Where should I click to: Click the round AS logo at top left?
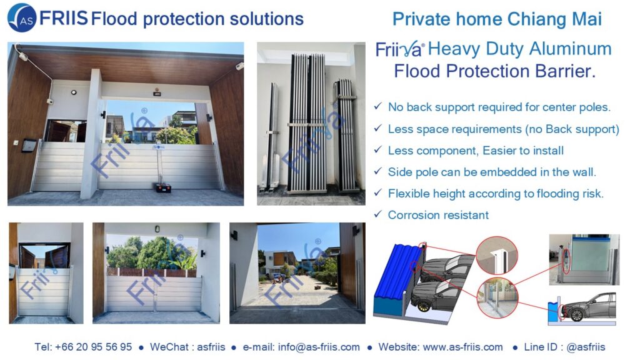pyautogui.click(x=22, y=18)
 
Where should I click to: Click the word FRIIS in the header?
pyautogui.click(x=63, y=18)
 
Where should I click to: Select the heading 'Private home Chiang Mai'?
pyautogui.click(x=497, y=19)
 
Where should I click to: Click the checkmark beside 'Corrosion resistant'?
pyautogui.click(x=378, y=214)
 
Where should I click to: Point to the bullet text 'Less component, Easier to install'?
pyautogui.click(x=476, y=151)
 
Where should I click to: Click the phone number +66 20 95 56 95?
pyautogui.click(x=94, y=347)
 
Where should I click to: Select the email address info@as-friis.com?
pyautogui.click(x=319, y=347)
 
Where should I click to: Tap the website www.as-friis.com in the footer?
pyautogui.click(x=463, y=347)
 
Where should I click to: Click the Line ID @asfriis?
pyautogui.click(x=586, y=347)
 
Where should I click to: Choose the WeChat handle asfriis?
pyautogui.click(x=211, y=347)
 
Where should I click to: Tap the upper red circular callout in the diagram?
pyautogui.click(x=496, y=256)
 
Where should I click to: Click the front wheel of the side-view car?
pyautogui.click(x=577, y=315)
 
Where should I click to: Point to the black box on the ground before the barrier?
pyautogui.click(x=163, y=187)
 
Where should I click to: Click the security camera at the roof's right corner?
pyautogui.click(x=239, y=66)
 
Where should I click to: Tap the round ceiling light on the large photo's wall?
pyautogui.click(x=74, y=92)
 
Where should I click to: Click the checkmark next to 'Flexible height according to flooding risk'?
pyautogui.click(x=378, y=192)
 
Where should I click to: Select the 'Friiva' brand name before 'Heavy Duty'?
pyautogui.click(x=399, y=50)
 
